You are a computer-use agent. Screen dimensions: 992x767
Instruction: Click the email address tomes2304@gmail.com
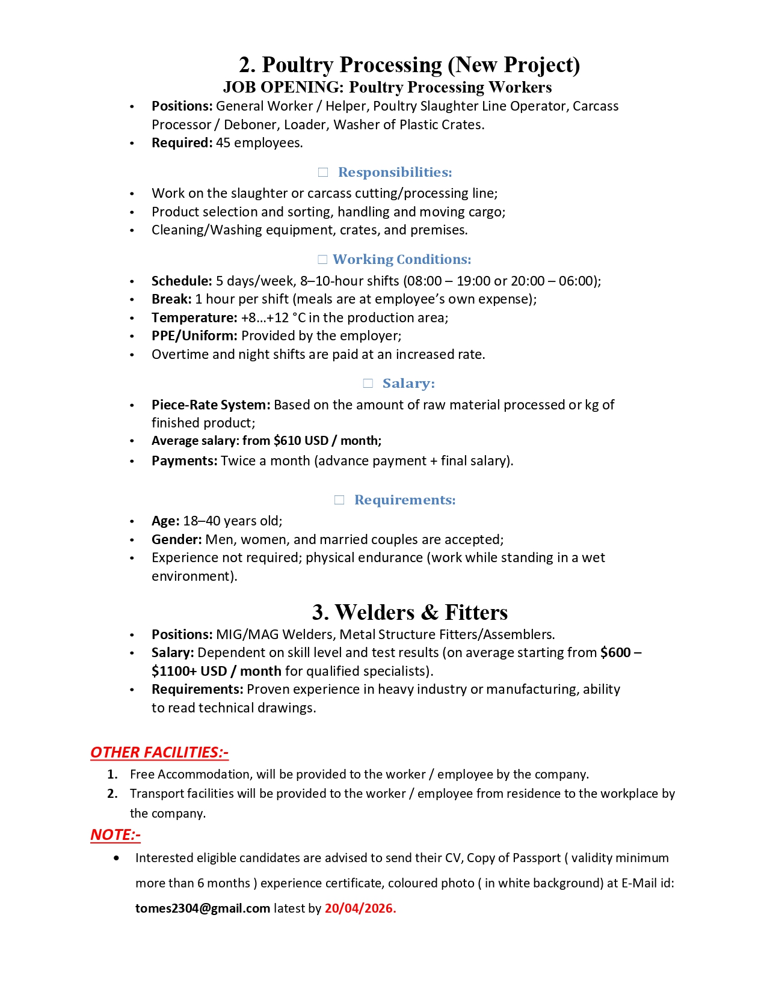202,908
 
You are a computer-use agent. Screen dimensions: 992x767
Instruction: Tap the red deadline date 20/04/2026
360,908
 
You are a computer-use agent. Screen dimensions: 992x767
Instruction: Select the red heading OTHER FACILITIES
159,752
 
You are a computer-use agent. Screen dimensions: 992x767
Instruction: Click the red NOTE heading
115,834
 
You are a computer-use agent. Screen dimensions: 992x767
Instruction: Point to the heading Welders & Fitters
410,612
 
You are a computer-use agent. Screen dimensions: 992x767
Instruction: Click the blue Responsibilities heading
395,172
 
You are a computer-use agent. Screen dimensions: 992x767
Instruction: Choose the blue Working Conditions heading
401,259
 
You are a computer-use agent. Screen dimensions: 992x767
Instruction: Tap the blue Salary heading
408,383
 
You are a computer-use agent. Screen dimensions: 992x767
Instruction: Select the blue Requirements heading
405,500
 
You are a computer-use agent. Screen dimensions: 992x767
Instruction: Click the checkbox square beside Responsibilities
323,173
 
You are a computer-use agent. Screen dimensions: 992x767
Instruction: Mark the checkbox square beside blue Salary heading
368,384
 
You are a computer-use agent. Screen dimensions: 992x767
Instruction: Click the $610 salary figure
287,441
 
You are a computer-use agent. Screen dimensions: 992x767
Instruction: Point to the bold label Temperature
194,317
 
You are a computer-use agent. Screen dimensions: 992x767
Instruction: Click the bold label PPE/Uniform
194,335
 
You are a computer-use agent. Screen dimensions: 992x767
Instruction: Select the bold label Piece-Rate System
211,405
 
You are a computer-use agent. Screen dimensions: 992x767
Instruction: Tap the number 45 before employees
223,142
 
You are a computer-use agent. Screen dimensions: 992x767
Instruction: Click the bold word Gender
176,539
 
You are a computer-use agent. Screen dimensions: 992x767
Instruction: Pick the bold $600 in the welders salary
615,652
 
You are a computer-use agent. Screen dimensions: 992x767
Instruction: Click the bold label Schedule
182,281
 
